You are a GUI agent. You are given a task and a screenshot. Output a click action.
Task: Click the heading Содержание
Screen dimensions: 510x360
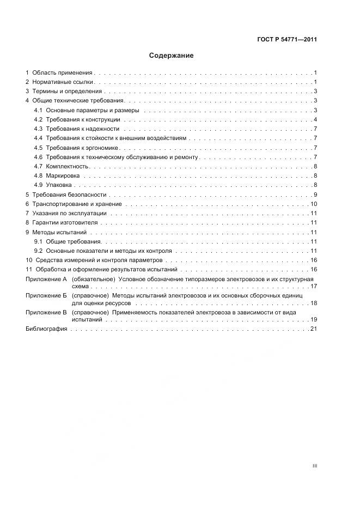172,56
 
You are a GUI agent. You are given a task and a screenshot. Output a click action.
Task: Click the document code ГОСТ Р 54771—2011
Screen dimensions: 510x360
288,39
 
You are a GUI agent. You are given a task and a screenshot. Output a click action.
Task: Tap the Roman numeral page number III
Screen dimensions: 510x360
314,466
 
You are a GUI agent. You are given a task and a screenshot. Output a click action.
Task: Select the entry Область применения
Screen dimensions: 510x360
62,72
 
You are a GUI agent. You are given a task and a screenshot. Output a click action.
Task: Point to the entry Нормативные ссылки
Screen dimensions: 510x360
63,82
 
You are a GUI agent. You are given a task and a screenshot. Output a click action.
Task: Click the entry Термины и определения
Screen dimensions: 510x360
66,92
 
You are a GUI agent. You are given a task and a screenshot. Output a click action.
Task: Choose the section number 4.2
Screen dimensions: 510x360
38,120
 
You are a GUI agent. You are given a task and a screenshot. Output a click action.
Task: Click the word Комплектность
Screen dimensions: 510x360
67,166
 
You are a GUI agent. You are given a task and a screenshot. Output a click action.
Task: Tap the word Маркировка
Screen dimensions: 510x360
63,175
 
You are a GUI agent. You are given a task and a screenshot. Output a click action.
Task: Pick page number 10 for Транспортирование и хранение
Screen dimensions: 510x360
314,204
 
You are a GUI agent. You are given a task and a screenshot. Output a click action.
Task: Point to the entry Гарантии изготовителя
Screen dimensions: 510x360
65,223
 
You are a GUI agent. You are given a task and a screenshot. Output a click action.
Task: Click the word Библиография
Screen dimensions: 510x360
46,329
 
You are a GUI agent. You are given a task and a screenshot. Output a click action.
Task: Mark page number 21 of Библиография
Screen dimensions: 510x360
314,329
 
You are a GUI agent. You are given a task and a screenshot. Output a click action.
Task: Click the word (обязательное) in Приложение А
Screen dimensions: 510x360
90,279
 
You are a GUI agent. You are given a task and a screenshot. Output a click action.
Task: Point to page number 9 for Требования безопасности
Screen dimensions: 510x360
315,195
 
